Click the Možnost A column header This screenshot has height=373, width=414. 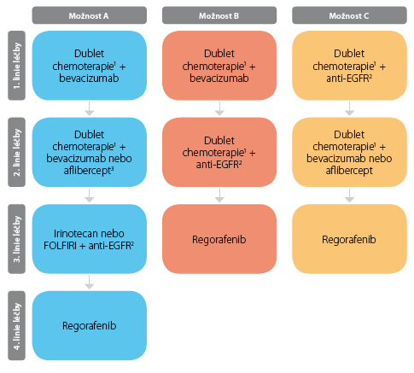click(x=90, y=15)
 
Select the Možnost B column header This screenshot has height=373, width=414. click(x=219, y=15)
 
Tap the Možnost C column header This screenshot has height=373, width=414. click(x=349, y=15)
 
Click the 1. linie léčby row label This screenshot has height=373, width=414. click(x=16, y=66)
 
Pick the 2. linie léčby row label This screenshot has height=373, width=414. click(x=16, y=152)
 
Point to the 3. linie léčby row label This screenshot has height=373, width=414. click(x=16, y=239)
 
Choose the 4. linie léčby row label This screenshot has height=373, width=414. click(x=16, y=325)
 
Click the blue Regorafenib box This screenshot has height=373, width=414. click(x=90, y=325)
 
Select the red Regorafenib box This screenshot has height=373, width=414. click(x=219, y=239)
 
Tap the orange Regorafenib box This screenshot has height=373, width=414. click(x=349, y=239)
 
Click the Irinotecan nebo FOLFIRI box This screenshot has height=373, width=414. click(x=90, y=239)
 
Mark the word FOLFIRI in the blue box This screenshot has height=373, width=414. click(x=60, y=245)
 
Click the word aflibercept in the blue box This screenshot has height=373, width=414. click(x=89, y=171)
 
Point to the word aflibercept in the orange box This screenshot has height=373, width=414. click(x=349, y=171)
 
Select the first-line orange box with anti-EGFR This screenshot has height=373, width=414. click(x=349, y=66)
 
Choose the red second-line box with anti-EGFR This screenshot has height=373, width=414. click(x=219, y=152)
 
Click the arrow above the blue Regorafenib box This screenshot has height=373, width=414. click(x=90, y=282)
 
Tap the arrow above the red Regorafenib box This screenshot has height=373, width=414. click(x=219, y=195)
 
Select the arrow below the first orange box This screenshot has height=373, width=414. click(x=349, y=108)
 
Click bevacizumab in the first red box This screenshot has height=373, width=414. click(x=219, y=78)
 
